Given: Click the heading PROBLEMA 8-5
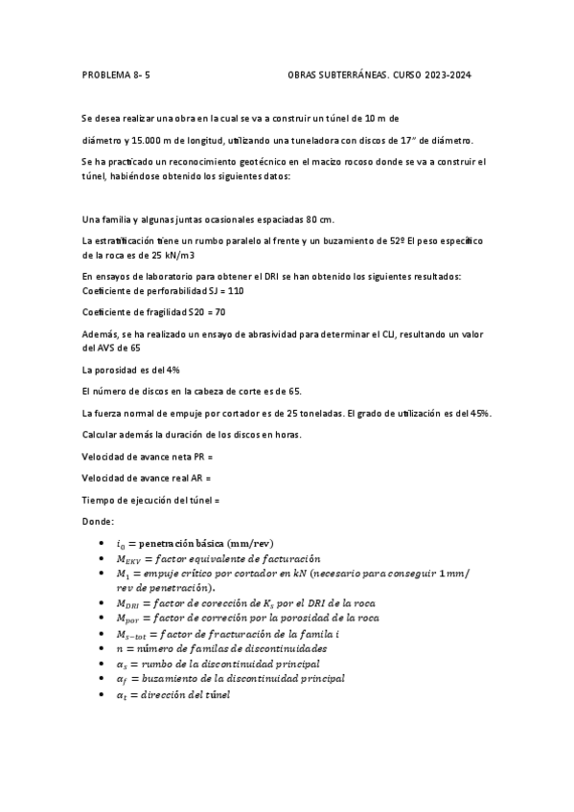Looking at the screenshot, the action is (x=116, y=74).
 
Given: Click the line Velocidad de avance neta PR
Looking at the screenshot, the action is (x=147, y=457).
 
